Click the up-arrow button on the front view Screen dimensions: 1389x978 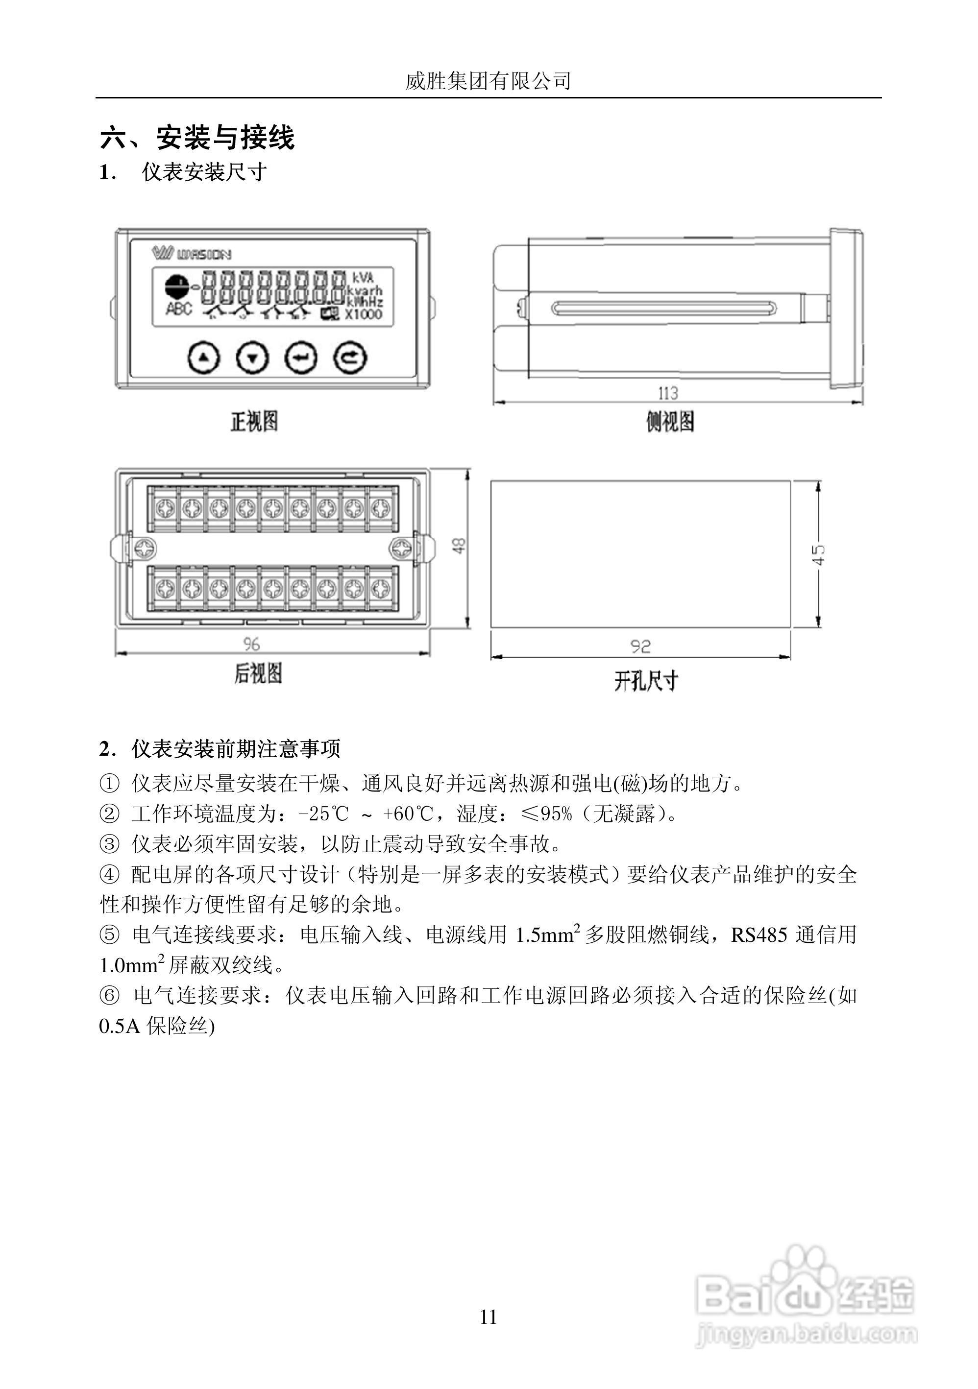204,358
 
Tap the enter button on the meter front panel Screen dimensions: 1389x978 301,358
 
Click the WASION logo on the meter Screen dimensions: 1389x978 192,254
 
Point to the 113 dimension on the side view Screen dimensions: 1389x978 668,393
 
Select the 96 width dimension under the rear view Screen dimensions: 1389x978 251,644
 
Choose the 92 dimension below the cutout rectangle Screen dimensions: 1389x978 640,647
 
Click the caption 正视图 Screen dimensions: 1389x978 254,422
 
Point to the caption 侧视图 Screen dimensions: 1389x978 670,422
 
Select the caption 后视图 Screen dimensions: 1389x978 258,673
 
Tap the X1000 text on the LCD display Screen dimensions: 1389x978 364,314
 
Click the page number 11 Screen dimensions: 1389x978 489,1317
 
